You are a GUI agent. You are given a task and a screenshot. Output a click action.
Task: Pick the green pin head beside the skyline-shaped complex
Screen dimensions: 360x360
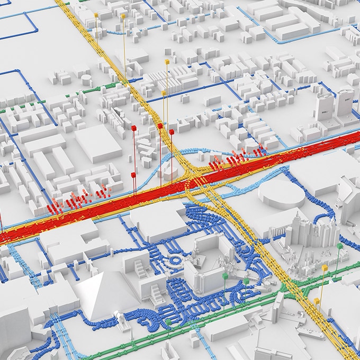tap(339, 246)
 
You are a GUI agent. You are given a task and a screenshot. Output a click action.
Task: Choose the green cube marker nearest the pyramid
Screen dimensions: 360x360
tap(168, 321)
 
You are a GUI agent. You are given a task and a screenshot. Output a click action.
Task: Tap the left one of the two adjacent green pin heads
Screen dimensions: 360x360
tap(224, 276)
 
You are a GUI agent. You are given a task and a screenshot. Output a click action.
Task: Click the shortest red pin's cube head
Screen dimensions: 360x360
tap(133, 175)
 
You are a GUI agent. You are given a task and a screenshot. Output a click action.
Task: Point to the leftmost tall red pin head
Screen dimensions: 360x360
tap(134, 128)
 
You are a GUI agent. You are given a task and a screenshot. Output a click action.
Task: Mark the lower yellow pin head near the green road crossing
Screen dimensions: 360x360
tap(317, 301)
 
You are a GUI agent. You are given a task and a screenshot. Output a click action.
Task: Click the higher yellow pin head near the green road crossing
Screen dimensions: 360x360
tap(324, 268)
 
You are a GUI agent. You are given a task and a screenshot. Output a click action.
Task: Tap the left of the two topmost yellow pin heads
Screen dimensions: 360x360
tap(96, 15)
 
